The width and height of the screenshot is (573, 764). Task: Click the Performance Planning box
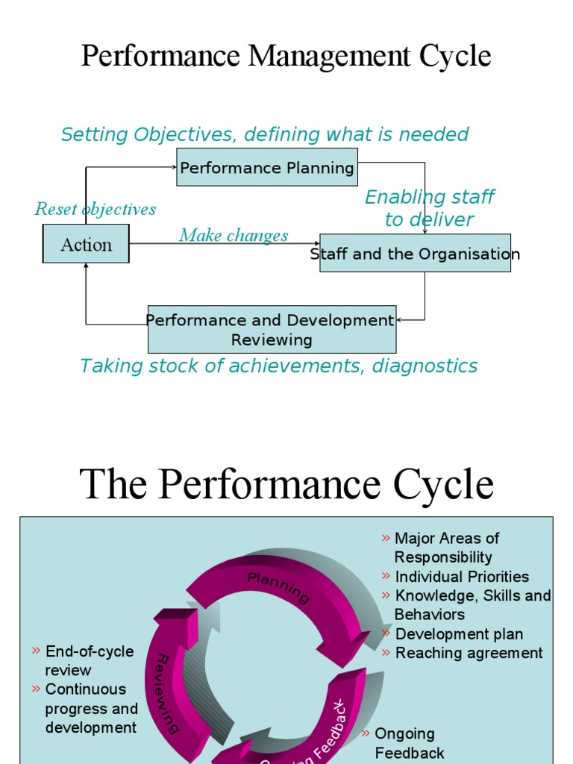(x=267, y=167)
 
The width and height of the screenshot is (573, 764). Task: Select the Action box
(x=86, y=245)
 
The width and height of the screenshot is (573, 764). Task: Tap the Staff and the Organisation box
(x=415, y=254)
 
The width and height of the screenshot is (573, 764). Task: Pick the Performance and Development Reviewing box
(x=272, y=330)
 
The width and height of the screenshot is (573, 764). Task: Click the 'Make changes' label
(x=234, y=235)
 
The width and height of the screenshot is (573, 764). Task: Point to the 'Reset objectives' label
(x=95, y=209)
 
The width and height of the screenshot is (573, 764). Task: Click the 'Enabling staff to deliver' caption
(x=429, y=208)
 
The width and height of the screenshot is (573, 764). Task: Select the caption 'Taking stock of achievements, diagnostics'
(x=278, y=366)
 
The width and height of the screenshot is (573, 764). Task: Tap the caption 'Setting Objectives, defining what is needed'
(x=265, y=134)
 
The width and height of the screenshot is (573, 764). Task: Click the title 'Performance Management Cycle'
(x=286, y=56)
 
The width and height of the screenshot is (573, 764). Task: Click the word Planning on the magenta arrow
(x=278, y=586)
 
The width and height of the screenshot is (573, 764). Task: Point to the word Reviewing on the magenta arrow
(x=167, y=693)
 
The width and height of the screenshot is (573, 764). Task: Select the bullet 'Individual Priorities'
(x=461, y=576)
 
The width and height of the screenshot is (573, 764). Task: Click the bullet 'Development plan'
(x=458, y=633)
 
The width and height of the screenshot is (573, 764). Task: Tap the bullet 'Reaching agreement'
(x=469, y=653)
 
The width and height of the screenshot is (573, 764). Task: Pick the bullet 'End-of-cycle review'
(x=89, y=660)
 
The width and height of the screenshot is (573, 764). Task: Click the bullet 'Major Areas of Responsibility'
(x=446, y=548)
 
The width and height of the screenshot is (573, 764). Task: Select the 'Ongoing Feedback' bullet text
(x=408, y=743)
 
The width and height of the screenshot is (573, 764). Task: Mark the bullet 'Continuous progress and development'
(x=91, y=707)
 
